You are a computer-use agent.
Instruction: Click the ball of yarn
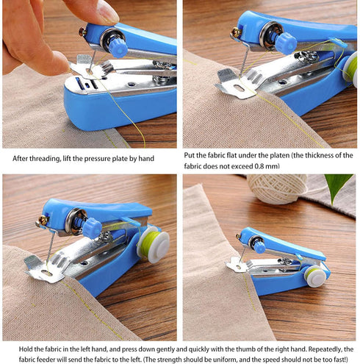click(277, 188)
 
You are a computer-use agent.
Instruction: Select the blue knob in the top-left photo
click(117, 48)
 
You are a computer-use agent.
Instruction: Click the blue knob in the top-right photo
click(286, 43)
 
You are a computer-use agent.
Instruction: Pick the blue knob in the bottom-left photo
click(92, 228)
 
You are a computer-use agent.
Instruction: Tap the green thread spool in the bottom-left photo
click(153, 243)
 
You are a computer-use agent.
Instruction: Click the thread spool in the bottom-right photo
click(316, 276)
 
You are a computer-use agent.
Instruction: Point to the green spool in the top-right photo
click(350, 68)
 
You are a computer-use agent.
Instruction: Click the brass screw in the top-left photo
click(82, 32)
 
